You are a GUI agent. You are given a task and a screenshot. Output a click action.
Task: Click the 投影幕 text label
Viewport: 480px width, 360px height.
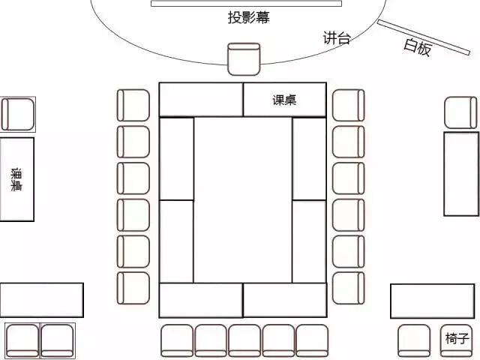(x=248, y=17)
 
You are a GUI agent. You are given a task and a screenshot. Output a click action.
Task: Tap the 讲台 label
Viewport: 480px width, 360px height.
(x=337, y=38)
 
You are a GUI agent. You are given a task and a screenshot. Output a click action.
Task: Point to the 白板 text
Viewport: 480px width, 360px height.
(x=417, y=47)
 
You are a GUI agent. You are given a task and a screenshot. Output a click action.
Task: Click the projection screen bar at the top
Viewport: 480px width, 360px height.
(x=246, y=4)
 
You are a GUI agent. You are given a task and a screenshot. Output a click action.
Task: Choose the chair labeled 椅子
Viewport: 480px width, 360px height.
(x=457, y=339)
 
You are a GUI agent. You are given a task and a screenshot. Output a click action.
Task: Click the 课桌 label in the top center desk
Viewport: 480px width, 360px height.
(x=285, y=100)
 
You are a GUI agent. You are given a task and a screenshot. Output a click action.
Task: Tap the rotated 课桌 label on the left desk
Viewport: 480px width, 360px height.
(x=16, y=179)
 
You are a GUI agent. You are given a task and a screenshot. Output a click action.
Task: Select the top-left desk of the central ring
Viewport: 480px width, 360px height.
(x=201, y=100)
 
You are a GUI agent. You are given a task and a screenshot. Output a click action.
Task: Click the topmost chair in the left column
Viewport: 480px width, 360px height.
(x=133, y=105)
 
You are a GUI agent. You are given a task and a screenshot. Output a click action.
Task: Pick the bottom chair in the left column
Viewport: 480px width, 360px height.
(x=133, y=288)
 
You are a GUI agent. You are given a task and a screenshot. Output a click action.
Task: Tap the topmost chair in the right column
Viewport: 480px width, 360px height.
(x=348, y=105)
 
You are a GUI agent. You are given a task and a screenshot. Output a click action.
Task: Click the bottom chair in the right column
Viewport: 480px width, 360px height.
(x=348, y=288)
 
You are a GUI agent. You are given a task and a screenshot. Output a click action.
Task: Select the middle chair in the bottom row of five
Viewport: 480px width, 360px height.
(x=244, y=340)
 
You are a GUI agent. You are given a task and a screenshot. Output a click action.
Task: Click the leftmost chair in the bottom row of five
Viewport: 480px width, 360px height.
(x=177, y=340)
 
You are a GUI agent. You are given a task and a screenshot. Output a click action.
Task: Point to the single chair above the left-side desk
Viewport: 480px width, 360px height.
(x=17, y=114)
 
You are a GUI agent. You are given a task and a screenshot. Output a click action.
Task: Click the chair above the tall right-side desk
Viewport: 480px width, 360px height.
(x=460, y=112)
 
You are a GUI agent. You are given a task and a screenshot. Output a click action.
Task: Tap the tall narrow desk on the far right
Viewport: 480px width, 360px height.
(x=460, y=174)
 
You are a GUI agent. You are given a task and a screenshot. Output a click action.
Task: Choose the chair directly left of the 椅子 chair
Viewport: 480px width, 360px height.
(x=414, y=340)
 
